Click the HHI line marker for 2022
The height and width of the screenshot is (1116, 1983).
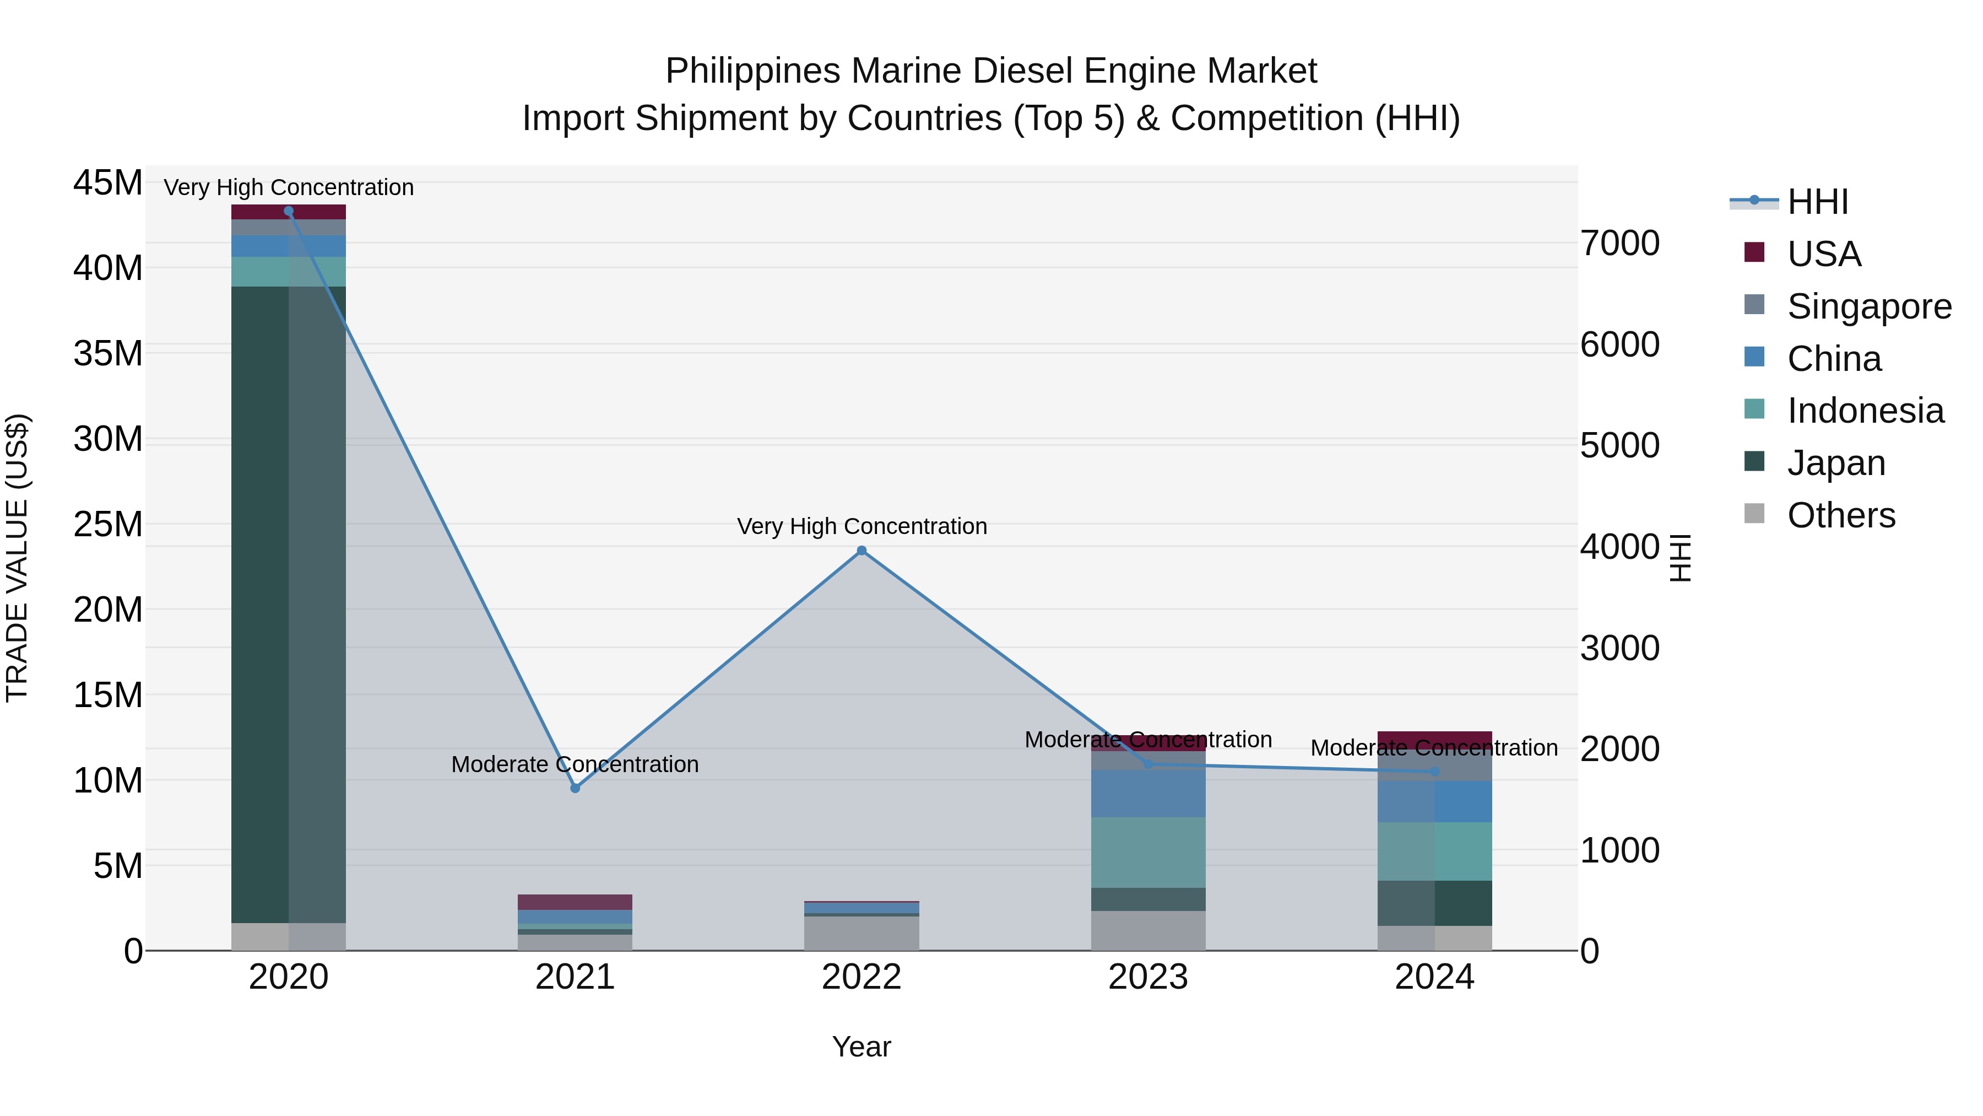coord(862,551)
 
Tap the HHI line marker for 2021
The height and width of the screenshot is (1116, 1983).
coord(575,788)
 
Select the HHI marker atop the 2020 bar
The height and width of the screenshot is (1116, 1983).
coord(289,211)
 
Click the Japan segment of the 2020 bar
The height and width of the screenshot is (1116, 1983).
coord(289,605)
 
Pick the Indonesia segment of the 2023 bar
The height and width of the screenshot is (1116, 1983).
coord(1148,853)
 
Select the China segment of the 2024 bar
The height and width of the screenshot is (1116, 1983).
coord(1434,802)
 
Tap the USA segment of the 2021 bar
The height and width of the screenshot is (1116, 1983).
coord(575,902)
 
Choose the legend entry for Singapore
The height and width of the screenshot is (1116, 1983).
coord(1868,306)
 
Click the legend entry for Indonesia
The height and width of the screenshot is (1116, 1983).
coord(1865,411)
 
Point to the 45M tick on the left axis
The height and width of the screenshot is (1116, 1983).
coord(108,184)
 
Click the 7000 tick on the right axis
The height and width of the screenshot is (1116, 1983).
coord(1619,244)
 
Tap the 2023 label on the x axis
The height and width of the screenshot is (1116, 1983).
coord(1148,977)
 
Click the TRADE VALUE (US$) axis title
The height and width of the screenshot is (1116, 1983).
coord(17,558)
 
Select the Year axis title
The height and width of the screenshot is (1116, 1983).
coord(862,1047)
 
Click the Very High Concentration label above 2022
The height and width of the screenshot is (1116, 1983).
coord(862,527)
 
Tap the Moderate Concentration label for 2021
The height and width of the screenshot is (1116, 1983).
coord(575,765)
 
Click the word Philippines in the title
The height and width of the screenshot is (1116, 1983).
coord(752,71)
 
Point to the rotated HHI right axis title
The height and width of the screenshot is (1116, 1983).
coord(1681,558)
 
